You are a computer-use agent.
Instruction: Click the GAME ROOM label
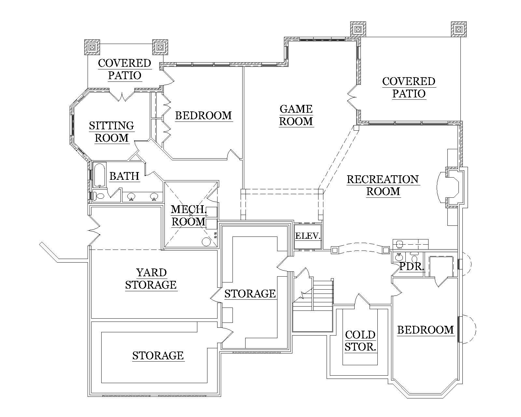pos(296,115)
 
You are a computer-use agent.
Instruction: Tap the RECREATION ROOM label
pos(383,185)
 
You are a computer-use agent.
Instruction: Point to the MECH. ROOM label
pos(189,215)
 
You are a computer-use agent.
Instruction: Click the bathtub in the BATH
pos(99,175)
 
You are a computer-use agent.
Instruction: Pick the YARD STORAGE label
pos(151,279)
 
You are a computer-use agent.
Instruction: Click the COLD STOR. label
pos(360,340)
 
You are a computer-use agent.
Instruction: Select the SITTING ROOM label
pos(111,132)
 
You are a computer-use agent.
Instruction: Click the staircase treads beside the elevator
pos(323,293)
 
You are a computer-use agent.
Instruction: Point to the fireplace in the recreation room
pos(453,187)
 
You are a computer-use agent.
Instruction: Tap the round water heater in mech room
pos(206,241)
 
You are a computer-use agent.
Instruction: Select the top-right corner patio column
pos(458,29)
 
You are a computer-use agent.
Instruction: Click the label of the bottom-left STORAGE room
pos(158,355)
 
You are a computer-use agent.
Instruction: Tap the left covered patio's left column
pos(92,47)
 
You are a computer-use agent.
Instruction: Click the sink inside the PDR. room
pos(398,257)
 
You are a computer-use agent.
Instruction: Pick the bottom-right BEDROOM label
pos(425,330)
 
